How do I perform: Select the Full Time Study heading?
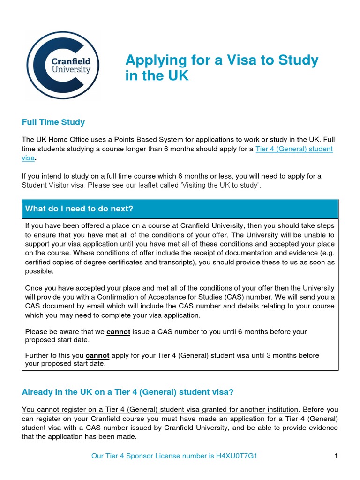[53, 122]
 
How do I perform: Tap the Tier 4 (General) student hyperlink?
[294, 149]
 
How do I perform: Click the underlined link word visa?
[28, 158]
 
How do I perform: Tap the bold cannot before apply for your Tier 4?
[97, 355]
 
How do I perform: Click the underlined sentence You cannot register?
[160, 409]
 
